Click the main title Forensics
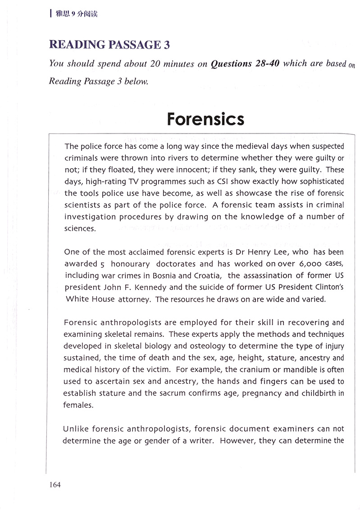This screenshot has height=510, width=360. click(205, 119)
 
